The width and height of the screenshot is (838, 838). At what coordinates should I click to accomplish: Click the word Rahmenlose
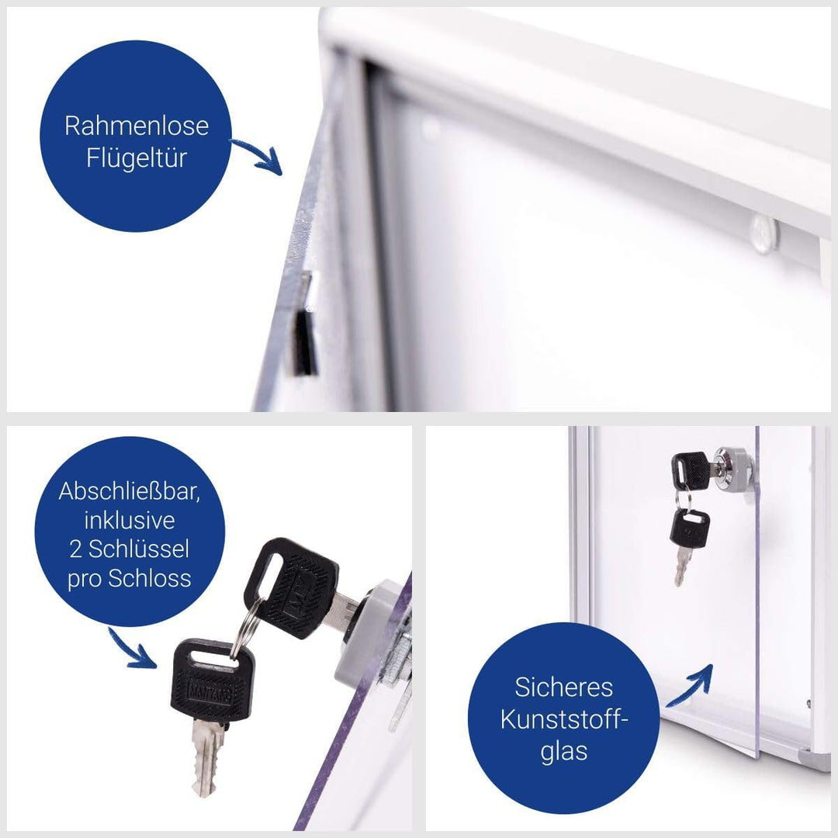(137, 126)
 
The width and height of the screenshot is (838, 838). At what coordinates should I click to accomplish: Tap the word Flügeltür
(137, 158)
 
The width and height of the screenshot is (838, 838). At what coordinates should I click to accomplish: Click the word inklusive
(130, 520)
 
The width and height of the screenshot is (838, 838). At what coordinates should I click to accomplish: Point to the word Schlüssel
(138, 549)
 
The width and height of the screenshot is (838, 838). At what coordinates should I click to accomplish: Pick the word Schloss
(150, 578)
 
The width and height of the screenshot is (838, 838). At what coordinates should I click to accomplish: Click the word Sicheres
(564, 687)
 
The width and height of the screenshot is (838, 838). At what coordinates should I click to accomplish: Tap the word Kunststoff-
(564, 719)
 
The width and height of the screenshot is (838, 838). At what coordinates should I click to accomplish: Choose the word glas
(564, 751)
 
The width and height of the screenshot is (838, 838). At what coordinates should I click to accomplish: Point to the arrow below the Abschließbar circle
(131, 650)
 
